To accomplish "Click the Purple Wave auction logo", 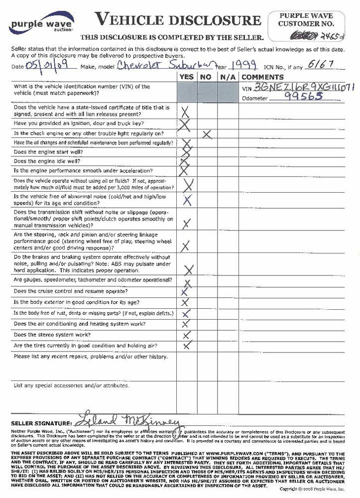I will point(42,24).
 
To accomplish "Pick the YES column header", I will point(187,77).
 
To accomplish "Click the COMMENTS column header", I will point(262,77).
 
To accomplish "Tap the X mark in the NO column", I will point(207,133).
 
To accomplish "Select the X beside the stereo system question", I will point(187,335).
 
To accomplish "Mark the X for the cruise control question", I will point(185,292).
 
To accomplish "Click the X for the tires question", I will point(187,345).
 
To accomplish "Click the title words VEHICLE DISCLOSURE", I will point(178,20).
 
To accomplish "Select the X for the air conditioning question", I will point(187,325).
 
